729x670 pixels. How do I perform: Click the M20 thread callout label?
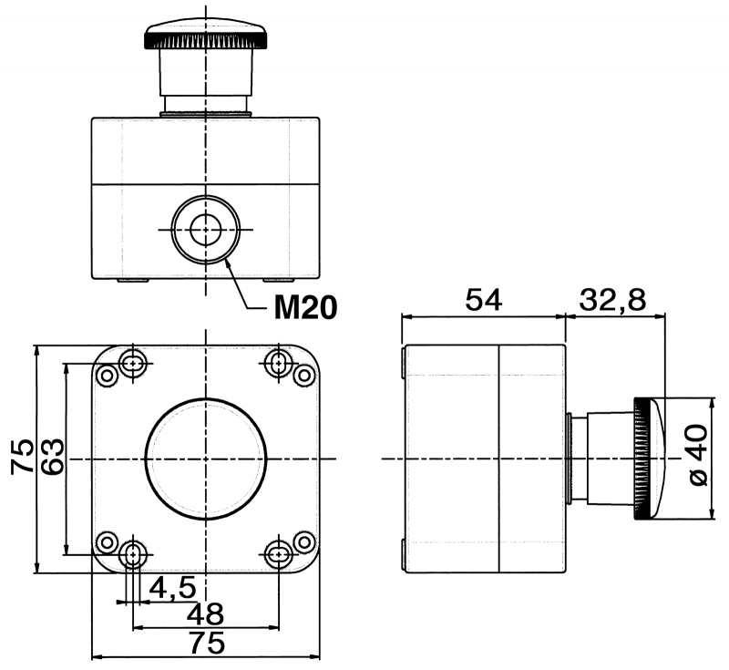(306, 309)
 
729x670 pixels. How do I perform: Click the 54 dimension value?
(484, 299)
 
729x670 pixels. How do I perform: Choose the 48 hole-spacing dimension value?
(206, 613)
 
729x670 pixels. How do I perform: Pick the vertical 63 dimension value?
(52, 457)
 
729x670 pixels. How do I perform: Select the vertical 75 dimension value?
(23, 457)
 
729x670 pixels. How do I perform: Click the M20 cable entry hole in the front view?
(206, 228)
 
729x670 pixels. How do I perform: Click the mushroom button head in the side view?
(649, 459)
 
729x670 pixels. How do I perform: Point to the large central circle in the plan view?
(206, 459)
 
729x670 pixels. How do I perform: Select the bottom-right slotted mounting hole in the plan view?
(279, 552)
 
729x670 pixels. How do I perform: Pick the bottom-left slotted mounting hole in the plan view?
(134, 552)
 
